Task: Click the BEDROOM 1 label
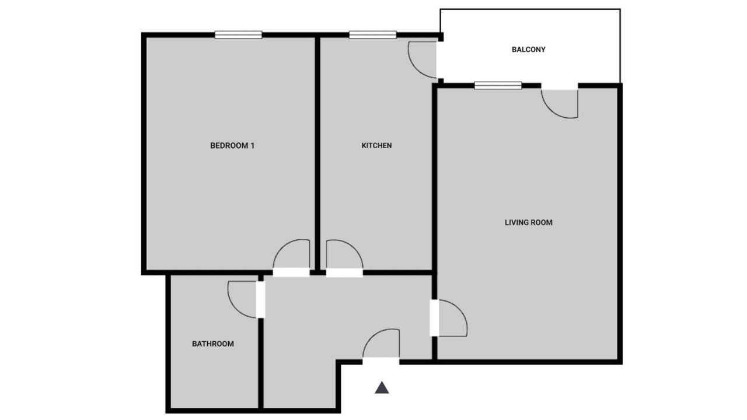[232, 146]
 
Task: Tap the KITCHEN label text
[376, 146]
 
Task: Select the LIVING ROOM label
[528, 223]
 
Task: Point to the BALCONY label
[529, 50]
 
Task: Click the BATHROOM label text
[213, 344]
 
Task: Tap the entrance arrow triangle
[382, 388]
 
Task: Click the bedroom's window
[238, 34]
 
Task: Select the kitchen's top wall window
[373, 34]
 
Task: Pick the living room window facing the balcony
[498, 86]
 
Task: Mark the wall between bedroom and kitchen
[317, 153]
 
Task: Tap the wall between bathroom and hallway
[261, 363]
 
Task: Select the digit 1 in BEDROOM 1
[253, 146]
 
